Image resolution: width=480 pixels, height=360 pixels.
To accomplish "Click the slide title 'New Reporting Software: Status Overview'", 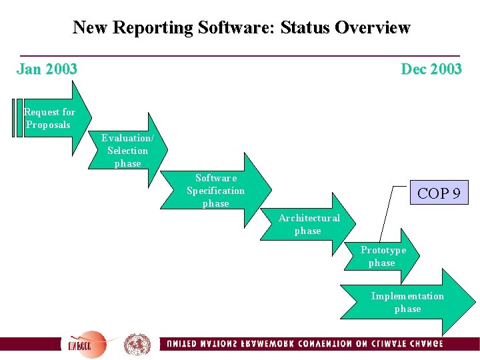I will click(241, 28).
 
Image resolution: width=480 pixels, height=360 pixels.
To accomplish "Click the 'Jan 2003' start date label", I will click(47, 69).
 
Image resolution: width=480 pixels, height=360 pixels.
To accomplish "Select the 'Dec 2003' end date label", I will click(431, 69).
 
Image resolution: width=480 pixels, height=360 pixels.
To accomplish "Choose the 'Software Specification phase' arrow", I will click(217, 191).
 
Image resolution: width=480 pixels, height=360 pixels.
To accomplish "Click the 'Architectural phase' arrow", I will click(309, 225).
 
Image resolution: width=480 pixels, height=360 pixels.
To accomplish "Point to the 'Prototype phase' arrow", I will click(383, 257).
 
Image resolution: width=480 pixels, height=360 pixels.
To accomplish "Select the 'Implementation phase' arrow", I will click(408, 302).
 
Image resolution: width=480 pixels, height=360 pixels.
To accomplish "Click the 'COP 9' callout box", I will click(438, 194).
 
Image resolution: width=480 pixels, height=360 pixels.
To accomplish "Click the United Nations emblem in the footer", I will click(137, 344).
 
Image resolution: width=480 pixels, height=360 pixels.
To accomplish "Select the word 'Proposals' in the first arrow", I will click(48, 125).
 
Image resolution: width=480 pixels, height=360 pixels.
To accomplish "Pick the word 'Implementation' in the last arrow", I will click(407, 296).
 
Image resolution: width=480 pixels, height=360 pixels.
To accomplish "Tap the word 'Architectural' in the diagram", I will click(309, 219).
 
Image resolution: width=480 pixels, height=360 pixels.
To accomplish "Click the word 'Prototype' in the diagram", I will click(383, 251).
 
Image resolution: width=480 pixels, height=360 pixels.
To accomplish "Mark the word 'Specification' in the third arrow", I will click(215, 191).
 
